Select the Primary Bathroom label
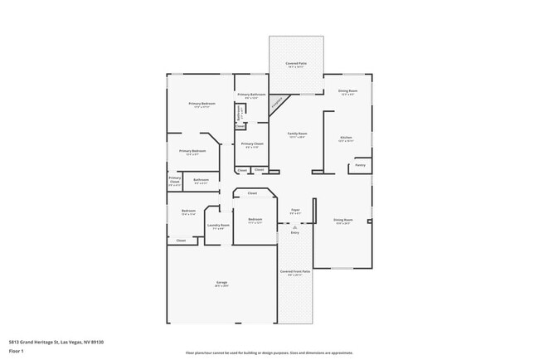pos(252,95)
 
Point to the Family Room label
pos(297,134)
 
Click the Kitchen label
pos(345,138)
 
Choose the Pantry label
pos(360,165)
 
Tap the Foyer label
pos(294,211)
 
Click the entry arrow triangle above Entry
pos(294,226)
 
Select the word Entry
pos(294,232)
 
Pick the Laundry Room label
pos(218,226)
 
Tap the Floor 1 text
pos(17,351)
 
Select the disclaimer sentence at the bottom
pos(269,353)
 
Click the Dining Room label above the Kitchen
pos(347,91)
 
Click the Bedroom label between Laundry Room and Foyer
pos(255,220)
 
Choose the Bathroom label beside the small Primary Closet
pos(201,180)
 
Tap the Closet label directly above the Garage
pos(181,241)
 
